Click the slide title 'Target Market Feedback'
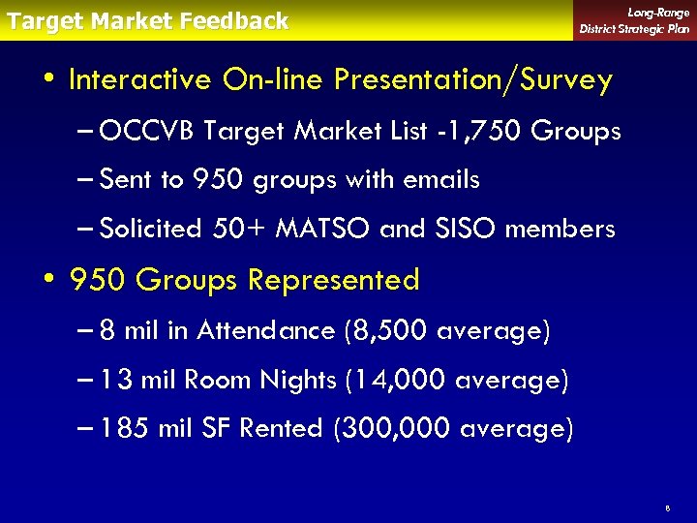click(147, 20)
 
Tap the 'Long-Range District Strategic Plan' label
click(634, 20)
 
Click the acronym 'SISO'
click(465, 230)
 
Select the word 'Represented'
click(334, 280)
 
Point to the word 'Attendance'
click(265, 331)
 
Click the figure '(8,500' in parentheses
click(386, 331)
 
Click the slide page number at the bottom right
click(668, 507)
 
